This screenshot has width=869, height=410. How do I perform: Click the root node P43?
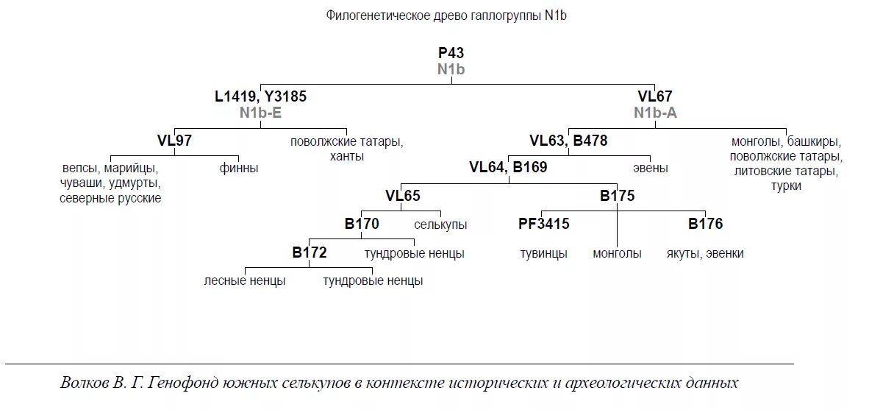point(451,53)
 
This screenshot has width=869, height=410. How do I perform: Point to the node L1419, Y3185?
point(260,96)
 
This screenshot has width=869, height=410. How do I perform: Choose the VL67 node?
point(654,96)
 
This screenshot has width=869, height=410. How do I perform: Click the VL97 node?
point(174,141)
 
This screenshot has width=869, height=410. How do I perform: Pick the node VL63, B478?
point(568,141)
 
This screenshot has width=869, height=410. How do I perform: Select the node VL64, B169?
point(508,167)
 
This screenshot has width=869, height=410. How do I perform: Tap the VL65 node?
point(403,196)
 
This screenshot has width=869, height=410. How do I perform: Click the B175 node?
point(617,196)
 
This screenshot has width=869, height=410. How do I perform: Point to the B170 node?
point(362,224)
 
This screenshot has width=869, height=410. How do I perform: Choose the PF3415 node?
point(544,224)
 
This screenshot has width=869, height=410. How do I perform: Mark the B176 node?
point(705,224)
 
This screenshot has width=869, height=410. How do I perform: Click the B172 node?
point(309,252)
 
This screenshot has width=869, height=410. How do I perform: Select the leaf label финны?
point(239,168)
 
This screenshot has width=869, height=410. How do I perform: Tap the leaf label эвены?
point(651,168)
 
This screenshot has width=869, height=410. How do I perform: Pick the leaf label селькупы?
point(440,225)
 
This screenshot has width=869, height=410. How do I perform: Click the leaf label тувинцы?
point(543,253)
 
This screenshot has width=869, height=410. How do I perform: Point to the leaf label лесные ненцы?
point(245,280)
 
